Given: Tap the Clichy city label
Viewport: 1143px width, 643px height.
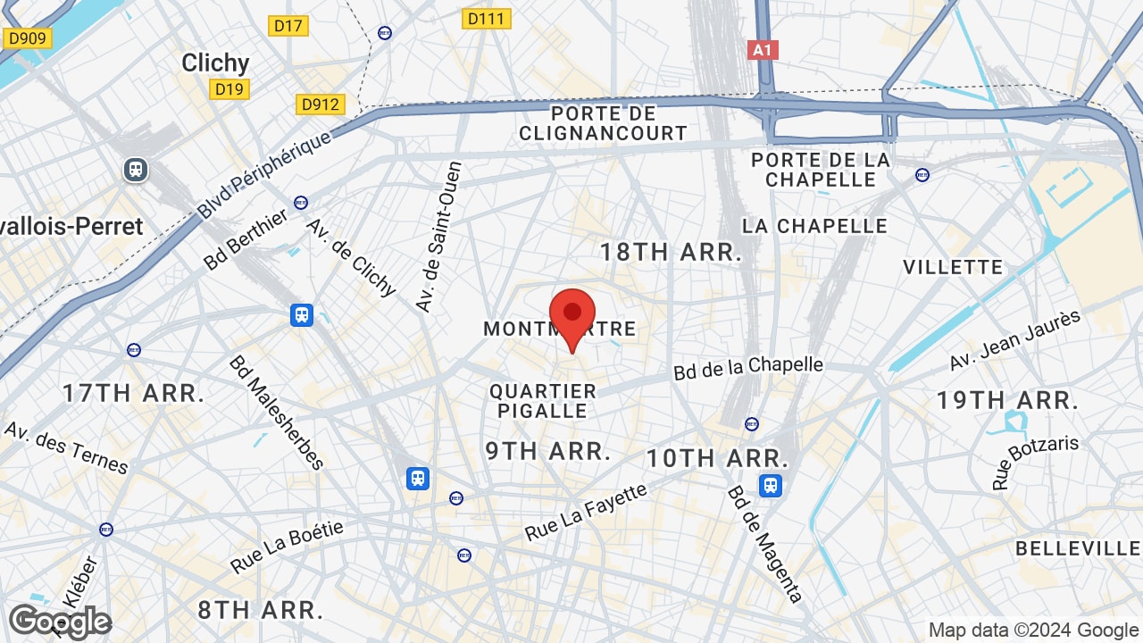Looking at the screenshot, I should click(215, 63).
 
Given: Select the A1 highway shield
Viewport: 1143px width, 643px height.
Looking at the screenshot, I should click(763, 50).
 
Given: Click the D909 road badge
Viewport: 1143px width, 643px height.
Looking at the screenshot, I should click(28, 38).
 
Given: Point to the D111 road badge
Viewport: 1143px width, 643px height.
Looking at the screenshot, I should click(487, 19).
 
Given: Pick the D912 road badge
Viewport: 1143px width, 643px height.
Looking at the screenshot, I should click(321, 104).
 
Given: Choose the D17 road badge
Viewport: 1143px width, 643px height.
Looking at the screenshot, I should click(288, 26).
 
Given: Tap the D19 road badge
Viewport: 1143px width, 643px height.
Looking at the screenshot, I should click(229, 88).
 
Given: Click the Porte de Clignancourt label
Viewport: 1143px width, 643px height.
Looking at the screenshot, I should click(604, 123).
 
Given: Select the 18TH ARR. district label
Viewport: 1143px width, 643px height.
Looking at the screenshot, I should click(671, 252).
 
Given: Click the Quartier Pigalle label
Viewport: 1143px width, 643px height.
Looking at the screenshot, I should click(543, 401).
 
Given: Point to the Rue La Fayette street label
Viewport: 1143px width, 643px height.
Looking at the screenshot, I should click(586, 513).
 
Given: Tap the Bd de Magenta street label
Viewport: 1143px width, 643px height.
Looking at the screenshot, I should click(765, 544).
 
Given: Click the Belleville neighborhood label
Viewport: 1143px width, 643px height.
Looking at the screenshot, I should click(1078, 548).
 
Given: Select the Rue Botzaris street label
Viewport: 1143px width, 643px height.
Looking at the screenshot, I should click(1036, 462).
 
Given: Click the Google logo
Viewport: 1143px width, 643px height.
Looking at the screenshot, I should click(60, 622).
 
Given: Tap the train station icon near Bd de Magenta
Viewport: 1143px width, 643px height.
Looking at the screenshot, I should click(771, 486).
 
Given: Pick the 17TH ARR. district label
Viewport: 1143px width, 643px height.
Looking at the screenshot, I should click(134, 393).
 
